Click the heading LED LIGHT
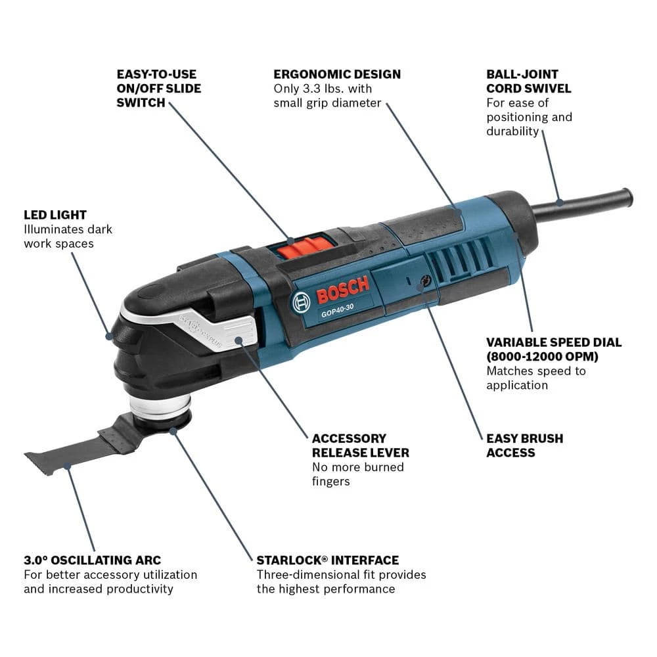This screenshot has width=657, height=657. tap(55, 215)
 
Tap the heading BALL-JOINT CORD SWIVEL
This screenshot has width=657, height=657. tap(529, 81)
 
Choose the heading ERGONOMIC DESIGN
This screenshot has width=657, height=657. tap(337, 74)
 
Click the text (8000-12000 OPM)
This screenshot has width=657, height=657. tap(542, 357)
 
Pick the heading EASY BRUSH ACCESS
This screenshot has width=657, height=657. tap(524, 445)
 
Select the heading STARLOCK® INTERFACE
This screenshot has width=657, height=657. tap(327, 560)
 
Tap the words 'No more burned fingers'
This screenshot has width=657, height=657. tap(357, 474)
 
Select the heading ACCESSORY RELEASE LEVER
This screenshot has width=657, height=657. tap(360, 445)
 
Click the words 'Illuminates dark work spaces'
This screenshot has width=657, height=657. tap(68, 237)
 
